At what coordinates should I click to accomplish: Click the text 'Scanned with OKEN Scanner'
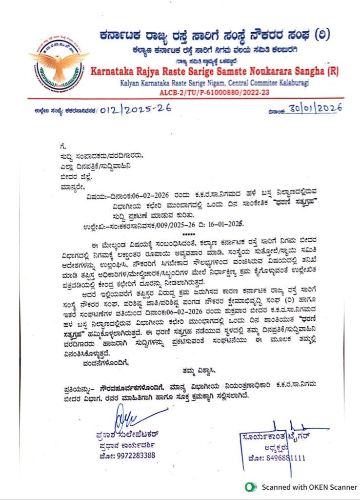coord(309,487)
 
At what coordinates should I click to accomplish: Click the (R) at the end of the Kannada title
coord(325,36)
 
